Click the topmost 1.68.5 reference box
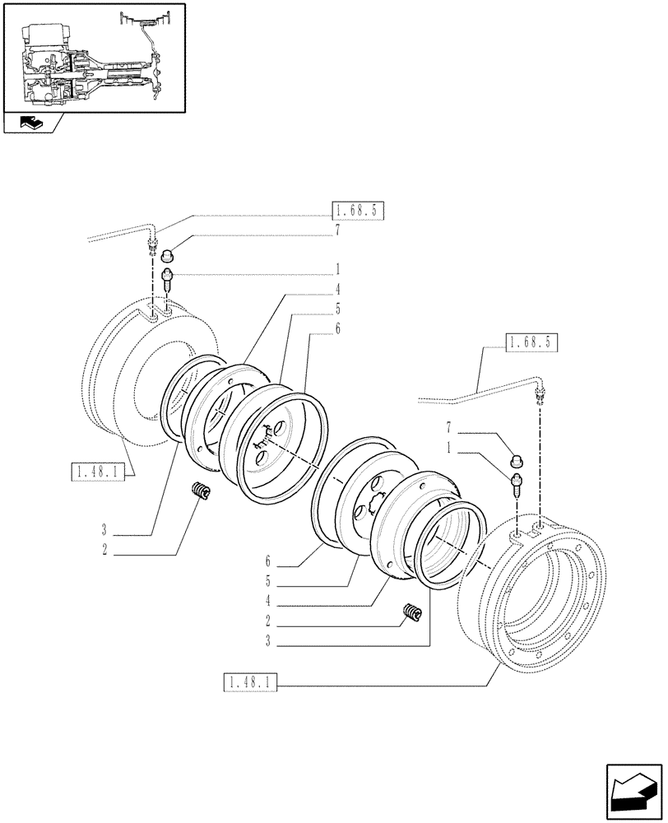tap(359, 211)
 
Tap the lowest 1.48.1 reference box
tap(251, 682)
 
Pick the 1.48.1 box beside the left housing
tap(97, 472)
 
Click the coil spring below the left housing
tap(200, 491)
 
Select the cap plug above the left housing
tap(167, 254)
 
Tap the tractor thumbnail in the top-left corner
tap(93, 55)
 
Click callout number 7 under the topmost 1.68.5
tap(336, 233)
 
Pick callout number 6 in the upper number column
tap(336, 328)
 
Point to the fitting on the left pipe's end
tap(152, 244)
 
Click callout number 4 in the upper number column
tap(336, 289)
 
